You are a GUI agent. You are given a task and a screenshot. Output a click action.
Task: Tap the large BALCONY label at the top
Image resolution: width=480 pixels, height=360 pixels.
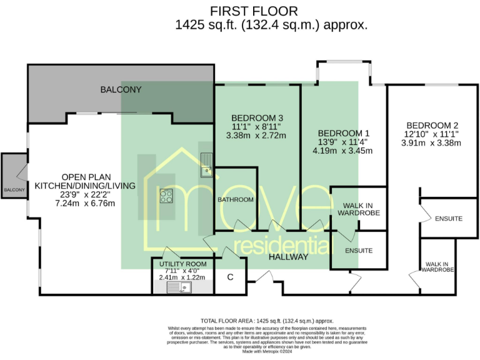click(x=121, y=90)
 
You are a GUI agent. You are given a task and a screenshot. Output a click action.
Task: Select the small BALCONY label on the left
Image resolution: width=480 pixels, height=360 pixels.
click(x=14, y=189)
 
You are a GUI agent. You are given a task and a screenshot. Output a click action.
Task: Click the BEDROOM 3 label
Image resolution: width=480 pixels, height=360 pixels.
click(x=257, y=117)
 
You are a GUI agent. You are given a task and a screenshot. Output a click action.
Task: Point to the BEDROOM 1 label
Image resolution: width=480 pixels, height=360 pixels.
click(x=344, y=133)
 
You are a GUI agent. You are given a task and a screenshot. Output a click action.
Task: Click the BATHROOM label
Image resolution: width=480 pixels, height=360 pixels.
click(x=236, y=199)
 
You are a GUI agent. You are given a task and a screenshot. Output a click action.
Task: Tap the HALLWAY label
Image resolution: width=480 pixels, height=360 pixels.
click(x=289, y=256)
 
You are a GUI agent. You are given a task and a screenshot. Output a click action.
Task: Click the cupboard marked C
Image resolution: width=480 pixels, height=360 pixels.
click(x=230, y=277)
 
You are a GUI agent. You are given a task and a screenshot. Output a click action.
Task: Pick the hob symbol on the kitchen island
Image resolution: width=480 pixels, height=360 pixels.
click(x=167, y=196)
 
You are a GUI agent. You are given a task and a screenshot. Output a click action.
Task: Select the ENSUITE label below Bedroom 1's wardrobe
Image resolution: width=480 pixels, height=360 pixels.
click(x=358, y=250)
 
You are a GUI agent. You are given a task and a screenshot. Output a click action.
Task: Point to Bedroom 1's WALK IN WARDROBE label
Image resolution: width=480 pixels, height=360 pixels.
click(x=358, y=209)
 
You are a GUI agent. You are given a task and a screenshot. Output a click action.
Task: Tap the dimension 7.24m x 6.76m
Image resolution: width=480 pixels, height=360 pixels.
click(x=85, y=203)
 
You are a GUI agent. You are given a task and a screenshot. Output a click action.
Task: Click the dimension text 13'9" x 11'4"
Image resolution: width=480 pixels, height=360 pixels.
click(x=344, y=142)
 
